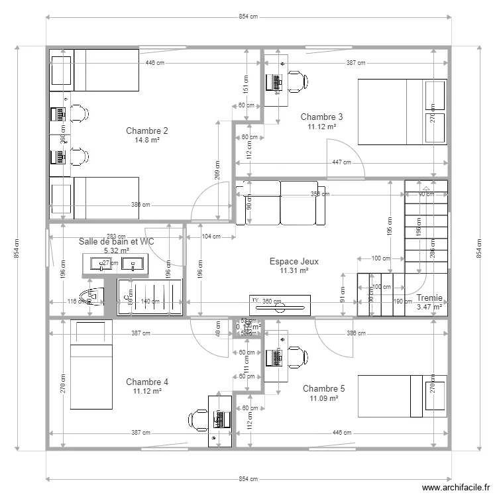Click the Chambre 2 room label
pyautogui.click(x=146, y=131)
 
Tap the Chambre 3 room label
pyautogui.click(x=321, y=117)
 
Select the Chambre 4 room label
pyautogui.click(x=146, y=382)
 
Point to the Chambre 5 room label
pyautogui.click(x=323, y=388)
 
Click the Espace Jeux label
pyautogui.click(x=294, y=262)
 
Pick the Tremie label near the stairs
pyautogui.click(x=429, y=298)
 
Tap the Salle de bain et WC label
pyautogui.click(x=116, y=242)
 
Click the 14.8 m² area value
pyautogui.click(x=146, y=140)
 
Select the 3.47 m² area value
pyautogui.click(x=429, y=307)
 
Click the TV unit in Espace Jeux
pyautogui.click(x=278, y=302)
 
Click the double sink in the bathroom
pyautogui.click(x=116, y=264)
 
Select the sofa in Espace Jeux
pyautogui.click(x=280, y=202)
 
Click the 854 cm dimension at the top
pyautogui.click(x=248, y=17)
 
